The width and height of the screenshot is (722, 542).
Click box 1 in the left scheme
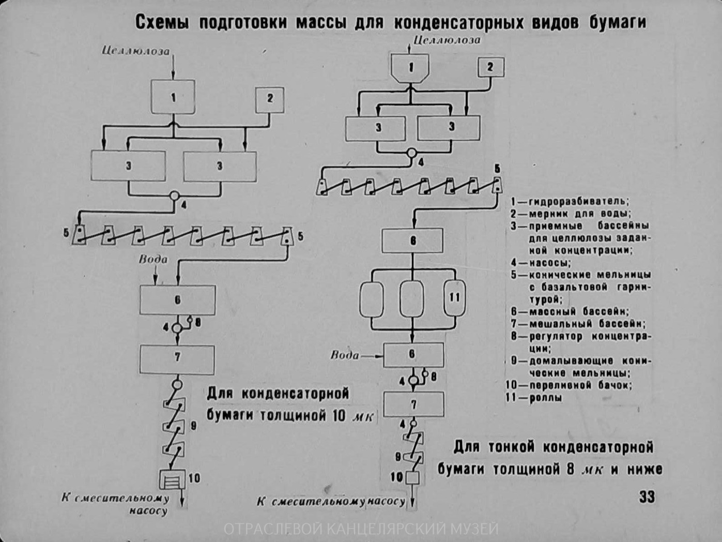173,97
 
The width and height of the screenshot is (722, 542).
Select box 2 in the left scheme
270,99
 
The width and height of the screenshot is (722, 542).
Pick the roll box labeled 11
454,298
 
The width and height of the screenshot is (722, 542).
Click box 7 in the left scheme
177,358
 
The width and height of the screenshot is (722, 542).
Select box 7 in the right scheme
413,404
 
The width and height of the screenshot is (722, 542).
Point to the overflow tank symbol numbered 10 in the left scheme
172,479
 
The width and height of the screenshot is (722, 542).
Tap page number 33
647,497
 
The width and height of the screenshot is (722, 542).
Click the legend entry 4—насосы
541,263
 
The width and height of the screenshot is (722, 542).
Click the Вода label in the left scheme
153,259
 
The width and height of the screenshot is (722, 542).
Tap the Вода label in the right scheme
345,355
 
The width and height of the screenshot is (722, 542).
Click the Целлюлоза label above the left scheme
135,51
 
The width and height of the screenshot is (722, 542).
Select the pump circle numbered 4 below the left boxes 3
175,196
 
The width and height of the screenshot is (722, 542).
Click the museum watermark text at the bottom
361,529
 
